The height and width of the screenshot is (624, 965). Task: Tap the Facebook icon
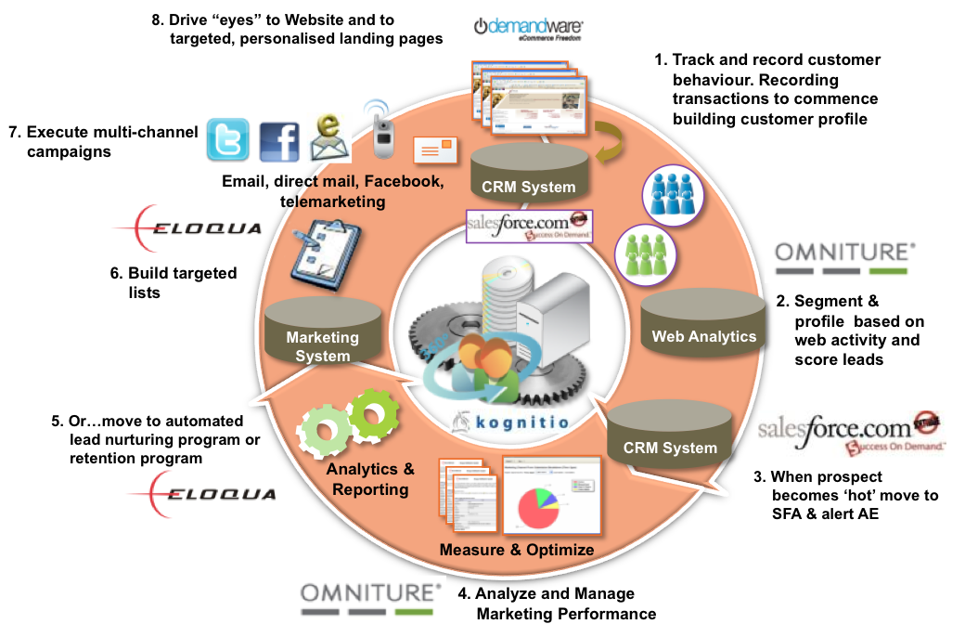pyautogui.click(x=279, y=142)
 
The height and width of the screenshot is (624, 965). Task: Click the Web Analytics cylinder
pyautogui.click(x=703, y=324)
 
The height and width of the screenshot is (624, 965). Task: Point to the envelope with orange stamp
pyautogui.click(x=436, y=149)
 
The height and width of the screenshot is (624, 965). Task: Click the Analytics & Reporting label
pyautogui.click(x=370, y=478)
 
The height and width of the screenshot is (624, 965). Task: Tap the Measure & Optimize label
pyautogui.click(x=516, y=550)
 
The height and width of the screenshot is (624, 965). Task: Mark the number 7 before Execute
pyautogui.click(x=12, y=132)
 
